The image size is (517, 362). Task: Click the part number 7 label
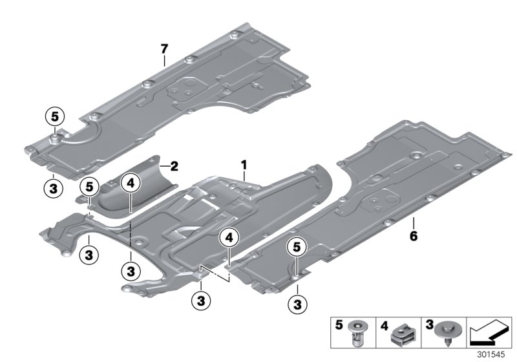164,49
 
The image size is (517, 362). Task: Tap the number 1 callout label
244,166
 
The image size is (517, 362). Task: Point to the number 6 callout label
413,236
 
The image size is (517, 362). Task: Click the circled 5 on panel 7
55,117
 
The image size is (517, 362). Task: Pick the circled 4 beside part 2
131,184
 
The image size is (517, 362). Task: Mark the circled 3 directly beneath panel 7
53,189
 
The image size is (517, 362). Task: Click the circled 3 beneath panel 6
298,302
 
